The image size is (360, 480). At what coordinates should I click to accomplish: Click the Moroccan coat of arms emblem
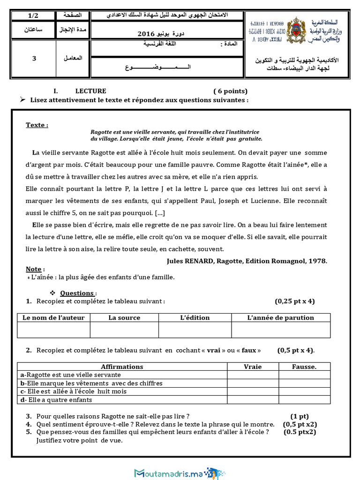click(x=295, y=30)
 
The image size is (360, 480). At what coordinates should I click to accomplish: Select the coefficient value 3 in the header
click(x=34, y=59)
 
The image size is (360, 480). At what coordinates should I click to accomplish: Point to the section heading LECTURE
click(x=90, y=91)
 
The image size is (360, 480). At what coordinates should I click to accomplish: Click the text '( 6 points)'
click(x=230, y=91)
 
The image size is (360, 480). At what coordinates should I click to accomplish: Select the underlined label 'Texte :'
click(x=37, y=125)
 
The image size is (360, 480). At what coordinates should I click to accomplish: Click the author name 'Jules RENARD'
click(x=190, y=261)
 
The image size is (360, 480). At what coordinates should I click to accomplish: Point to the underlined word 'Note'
click(x=33, y=269)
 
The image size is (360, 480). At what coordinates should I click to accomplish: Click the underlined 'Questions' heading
click(x=77, y=293)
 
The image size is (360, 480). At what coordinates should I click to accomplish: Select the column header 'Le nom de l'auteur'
click(x=53, y=318)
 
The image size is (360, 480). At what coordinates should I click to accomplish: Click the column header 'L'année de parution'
click(x=280, y=318)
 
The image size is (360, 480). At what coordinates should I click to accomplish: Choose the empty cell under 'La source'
click(x=124, y=330)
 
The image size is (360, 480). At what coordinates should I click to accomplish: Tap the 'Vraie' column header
click(x=253, y=367)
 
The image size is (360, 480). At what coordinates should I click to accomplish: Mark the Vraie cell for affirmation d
click(x=253, y=400)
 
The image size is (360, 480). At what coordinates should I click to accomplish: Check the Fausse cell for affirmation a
click(x=304, y=375)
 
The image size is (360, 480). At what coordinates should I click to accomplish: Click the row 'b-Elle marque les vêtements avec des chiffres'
click(x=92, y=383)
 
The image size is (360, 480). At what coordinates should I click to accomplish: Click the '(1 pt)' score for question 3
click(x=299, y=416)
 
